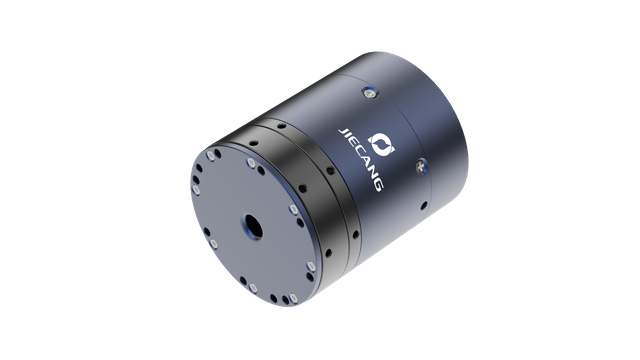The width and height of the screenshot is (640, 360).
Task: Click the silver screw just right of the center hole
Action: [x=292, y=210]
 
